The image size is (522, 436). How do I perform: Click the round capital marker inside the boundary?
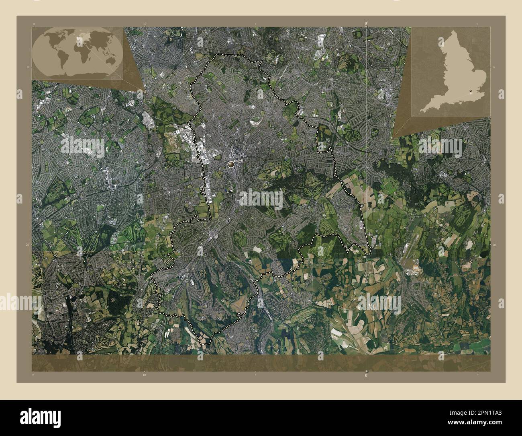231,164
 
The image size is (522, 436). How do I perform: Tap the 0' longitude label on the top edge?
366,24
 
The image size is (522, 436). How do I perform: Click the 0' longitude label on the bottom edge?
366,375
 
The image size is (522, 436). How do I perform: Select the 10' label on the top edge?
145,24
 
